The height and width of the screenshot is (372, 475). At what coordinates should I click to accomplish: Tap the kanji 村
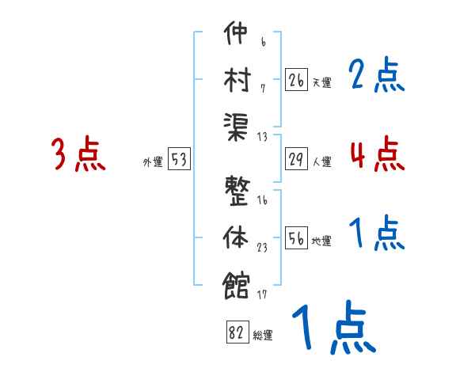point(237,80)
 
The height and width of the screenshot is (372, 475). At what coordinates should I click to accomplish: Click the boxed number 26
point(296,80)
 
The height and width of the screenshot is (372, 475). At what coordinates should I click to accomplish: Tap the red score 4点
point(377,153)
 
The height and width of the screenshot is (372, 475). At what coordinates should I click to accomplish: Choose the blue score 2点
point(377,76)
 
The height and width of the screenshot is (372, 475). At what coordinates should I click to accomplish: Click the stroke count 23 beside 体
point(262,247)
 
